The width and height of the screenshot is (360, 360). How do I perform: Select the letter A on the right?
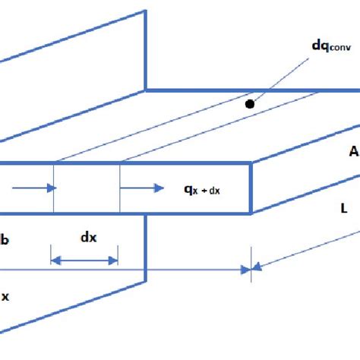point(352,152)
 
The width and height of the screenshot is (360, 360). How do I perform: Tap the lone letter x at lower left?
point(5,296)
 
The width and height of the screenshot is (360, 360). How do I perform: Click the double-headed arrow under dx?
point(84,261)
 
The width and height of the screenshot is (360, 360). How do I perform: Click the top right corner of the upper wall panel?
point(145,11)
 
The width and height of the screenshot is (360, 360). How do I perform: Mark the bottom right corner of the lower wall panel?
point(144,281)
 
